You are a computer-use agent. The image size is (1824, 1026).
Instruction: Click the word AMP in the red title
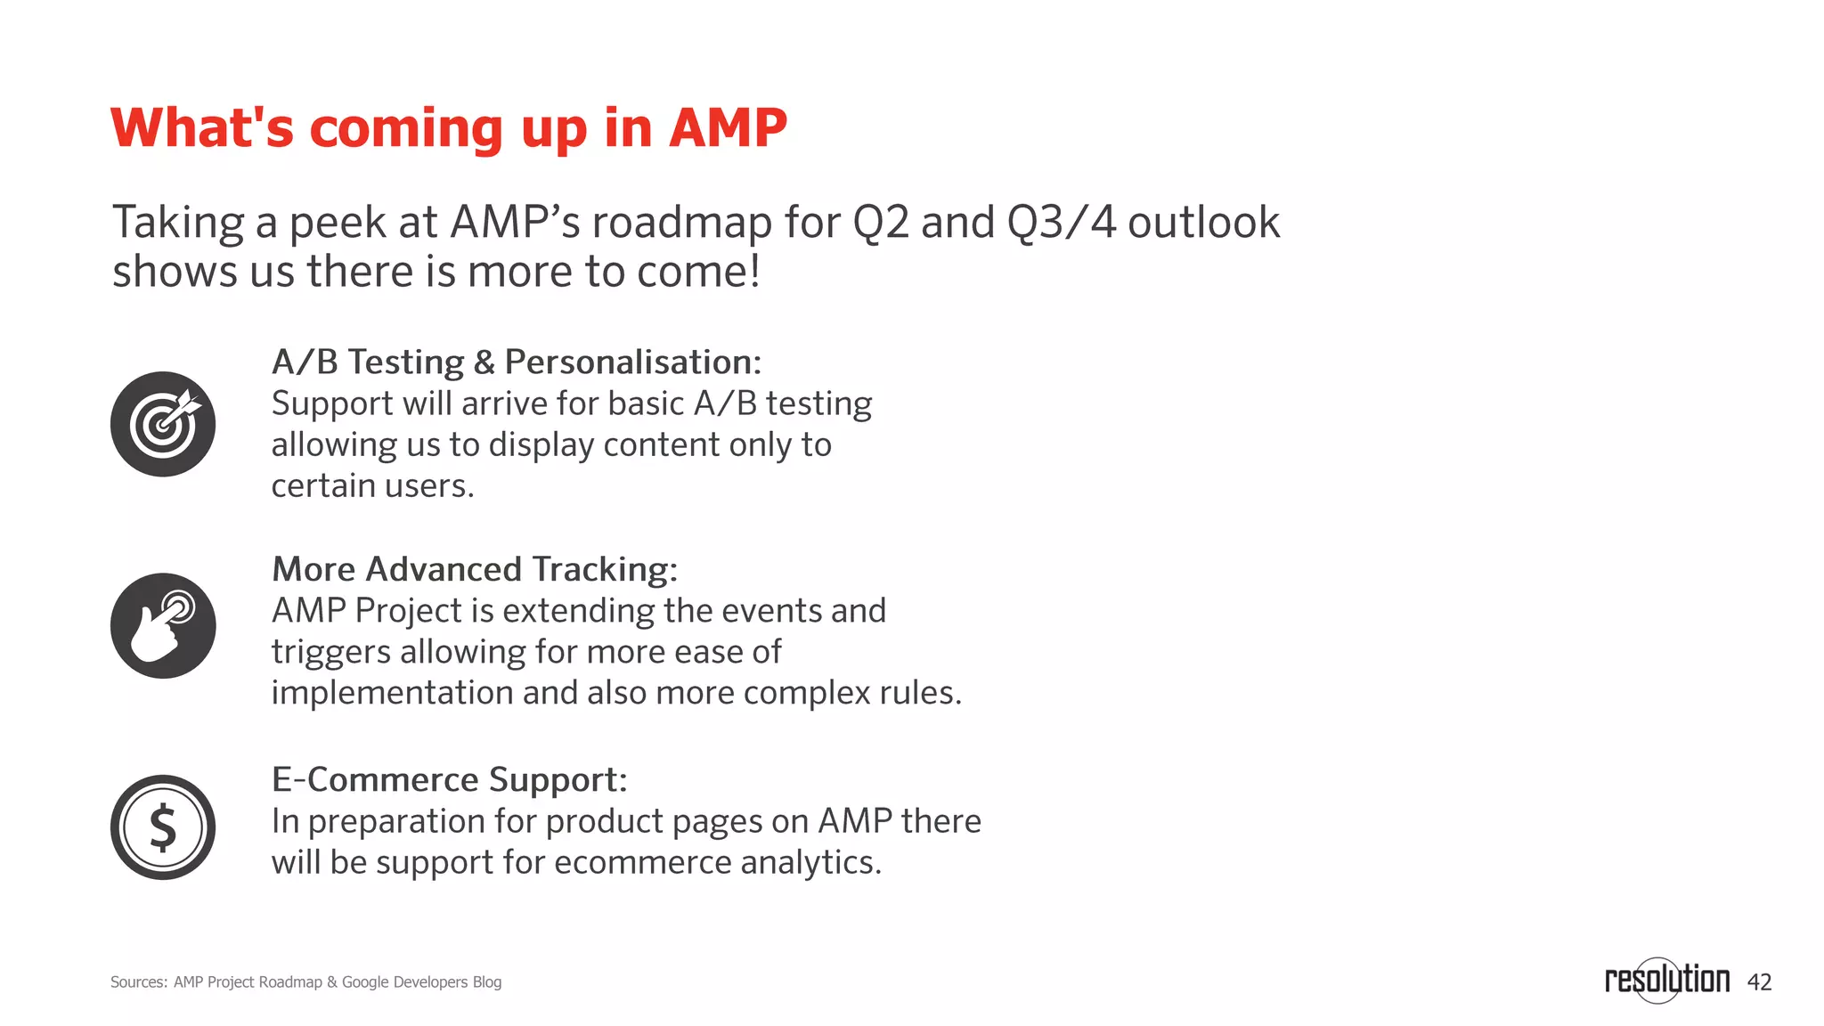(728, 127)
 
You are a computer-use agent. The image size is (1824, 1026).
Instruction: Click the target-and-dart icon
(163, 424)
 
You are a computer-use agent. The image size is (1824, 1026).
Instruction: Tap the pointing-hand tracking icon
(163, 625)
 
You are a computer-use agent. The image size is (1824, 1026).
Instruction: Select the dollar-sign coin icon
(163, 827)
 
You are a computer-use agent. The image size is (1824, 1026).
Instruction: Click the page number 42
(1759, 982)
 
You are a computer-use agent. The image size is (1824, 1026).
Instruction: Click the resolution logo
(1666, 980)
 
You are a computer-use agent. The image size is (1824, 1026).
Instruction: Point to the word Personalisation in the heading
(632, 362)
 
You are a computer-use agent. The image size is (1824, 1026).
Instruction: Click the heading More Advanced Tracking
(475, 569)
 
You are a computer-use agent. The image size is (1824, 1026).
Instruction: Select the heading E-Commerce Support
(449, 779)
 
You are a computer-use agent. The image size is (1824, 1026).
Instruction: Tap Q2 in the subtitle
(881, 222)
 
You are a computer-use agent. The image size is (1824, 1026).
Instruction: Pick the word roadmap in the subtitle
(681, 224)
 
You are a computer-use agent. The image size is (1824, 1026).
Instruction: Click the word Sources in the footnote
(138, 982)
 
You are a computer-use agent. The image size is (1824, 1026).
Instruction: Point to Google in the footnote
(365, 982)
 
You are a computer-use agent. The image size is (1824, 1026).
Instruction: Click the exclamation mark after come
(754, 271)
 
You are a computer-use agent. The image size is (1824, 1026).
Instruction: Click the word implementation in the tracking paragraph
(392, 694)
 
